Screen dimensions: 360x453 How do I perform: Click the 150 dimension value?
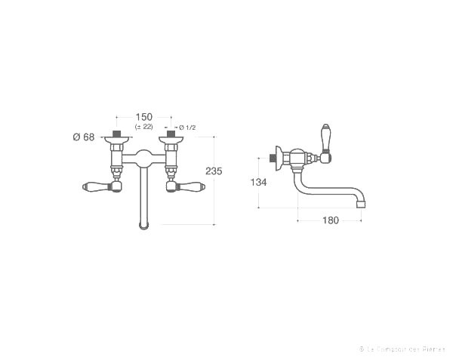point(143,117)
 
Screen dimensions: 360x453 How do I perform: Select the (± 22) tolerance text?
point(143,127)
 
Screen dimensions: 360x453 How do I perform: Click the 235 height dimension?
point(214,171)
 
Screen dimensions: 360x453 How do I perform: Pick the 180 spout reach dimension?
point(330,220)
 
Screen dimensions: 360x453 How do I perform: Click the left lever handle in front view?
point(94,187)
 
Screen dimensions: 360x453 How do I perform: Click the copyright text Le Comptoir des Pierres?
point(402,349)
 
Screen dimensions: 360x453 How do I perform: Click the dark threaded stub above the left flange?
point(116,134)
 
